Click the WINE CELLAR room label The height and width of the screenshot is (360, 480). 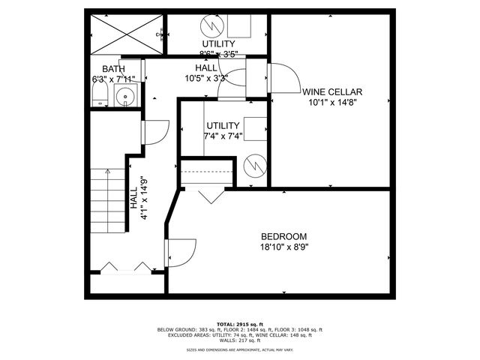(x=332, y=91)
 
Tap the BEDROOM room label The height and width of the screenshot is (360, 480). (x=284, y=236)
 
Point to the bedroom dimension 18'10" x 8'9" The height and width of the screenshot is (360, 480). (x=284, y=246)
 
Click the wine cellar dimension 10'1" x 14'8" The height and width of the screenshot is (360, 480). (x=332, y=101)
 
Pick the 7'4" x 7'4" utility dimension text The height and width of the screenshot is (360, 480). (x=223, y=136)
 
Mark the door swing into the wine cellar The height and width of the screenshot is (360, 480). (x=282, y=76)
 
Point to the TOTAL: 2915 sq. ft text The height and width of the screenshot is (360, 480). (x=239, y=322)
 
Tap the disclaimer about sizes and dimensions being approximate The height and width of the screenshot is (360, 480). (x=239, y=349)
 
